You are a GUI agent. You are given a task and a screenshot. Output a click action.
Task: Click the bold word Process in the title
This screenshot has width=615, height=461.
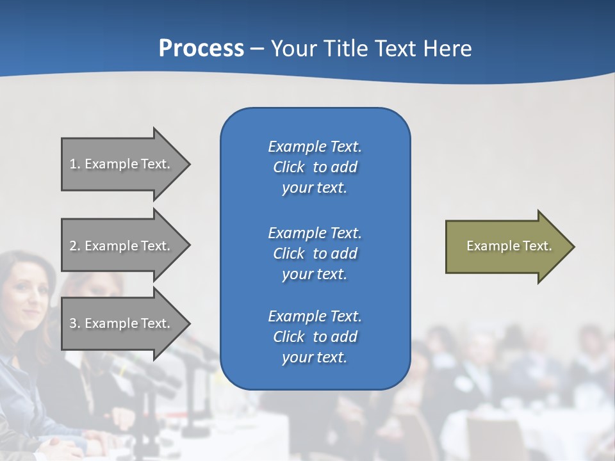click(201, 49)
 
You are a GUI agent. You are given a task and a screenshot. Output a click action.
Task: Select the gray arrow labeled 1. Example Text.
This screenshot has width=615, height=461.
click(122, 164)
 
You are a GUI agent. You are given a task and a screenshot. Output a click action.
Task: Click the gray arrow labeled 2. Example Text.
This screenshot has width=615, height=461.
click(122, 246)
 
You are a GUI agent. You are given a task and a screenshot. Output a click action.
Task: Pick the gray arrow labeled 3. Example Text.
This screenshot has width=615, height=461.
click(122, 323)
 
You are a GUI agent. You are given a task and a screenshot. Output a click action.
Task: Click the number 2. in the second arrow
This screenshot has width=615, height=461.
click(74, 246)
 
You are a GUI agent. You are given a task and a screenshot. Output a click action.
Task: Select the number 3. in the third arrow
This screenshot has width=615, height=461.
click(74, 323)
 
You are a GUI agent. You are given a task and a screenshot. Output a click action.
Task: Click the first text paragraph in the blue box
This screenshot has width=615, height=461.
click(315, 167)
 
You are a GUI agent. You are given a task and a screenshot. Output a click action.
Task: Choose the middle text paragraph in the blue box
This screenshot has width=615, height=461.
click(315, 254)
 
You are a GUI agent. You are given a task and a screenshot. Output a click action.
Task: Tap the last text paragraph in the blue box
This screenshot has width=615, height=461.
click(315, 337)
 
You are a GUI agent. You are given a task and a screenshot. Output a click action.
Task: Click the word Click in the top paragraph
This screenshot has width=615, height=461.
click(288, 168)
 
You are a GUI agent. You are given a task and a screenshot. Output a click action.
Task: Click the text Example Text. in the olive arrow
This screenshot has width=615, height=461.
click(509, 246)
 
